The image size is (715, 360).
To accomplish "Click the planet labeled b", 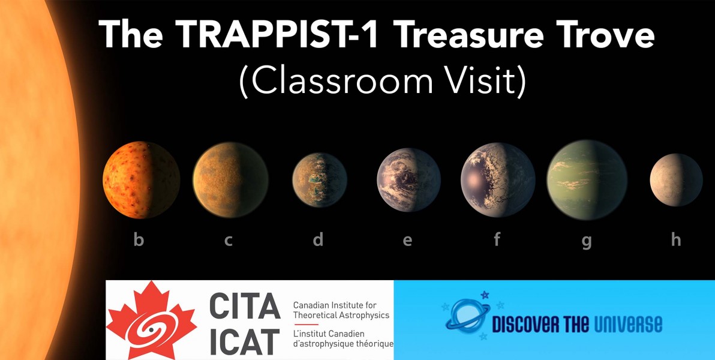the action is pos(142,180).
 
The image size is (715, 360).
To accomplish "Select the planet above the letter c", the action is pos(230,180).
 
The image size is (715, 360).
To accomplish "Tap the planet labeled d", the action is pos(320,180).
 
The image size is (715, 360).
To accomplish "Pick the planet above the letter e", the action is pos(408,180).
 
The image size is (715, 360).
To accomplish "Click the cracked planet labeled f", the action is pos(498,180).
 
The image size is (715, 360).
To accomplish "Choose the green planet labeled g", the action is pos(587,180).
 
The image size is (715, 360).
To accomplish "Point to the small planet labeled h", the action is pos(676,180).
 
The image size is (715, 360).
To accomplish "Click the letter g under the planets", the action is pos(587,241).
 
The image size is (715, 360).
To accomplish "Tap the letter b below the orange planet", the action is pos(139,239).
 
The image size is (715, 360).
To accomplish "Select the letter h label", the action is pos(676,239).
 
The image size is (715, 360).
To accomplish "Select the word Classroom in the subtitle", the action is pos(335,82).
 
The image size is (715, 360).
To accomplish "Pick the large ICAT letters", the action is pos(245,341).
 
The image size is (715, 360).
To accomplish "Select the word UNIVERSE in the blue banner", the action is pos(629,324).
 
